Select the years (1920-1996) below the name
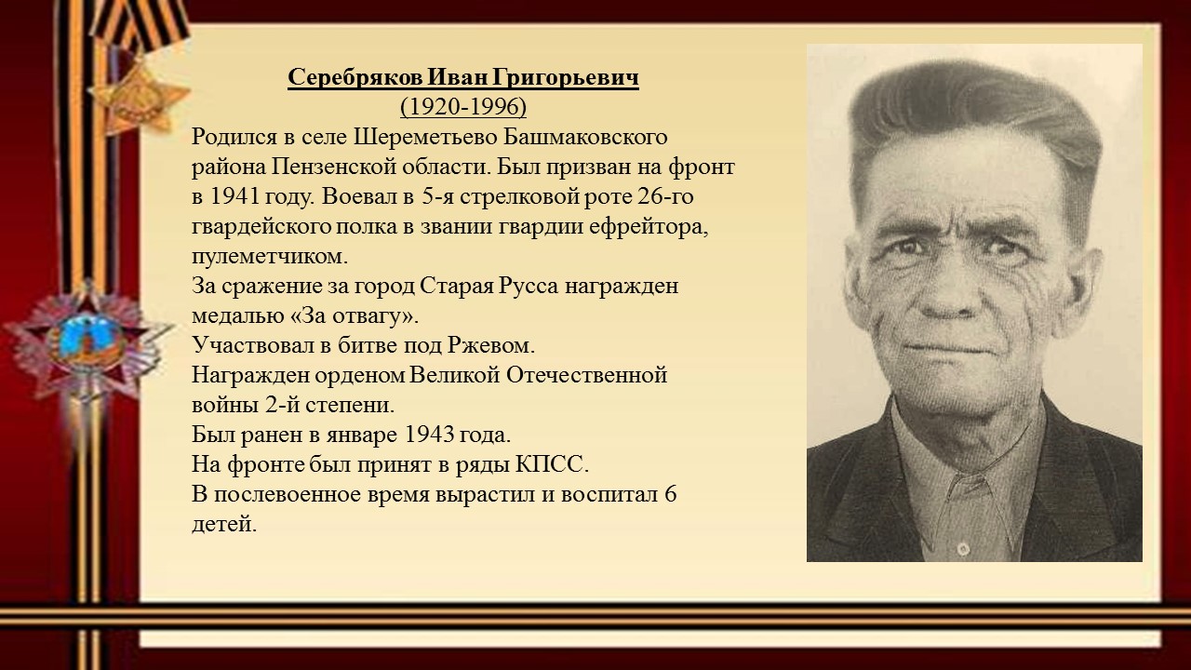(463, 107)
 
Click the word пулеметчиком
(270, 257)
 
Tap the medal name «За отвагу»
(355, 316)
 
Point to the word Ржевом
(490, 346)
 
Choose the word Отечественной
(586, 375)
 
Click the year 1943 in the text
(430, 435)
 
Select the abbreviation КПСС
(552, 464)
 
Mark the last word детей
(224, 525)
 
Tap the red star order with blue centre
(87, 345)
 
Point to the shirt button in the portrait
(961, 547)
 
